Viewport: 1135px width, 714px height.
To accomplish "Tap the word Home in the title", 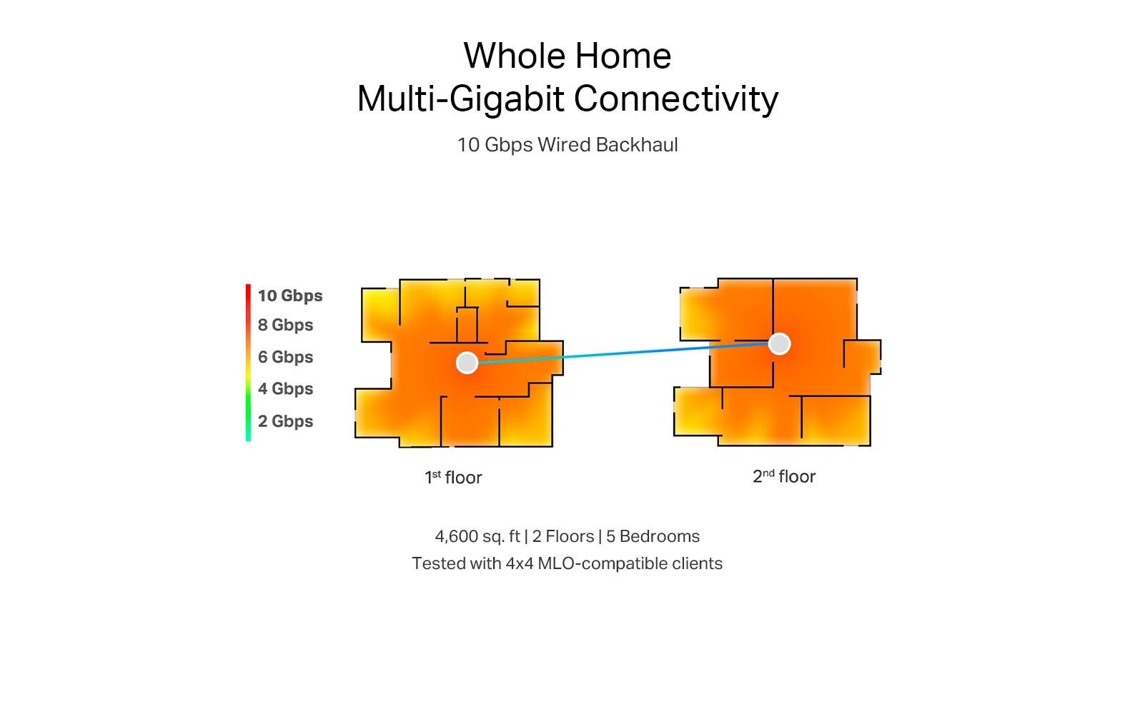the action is click(x=623, y=56).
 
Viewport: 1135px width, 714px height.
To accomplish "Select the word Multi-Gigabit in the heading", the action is click(x=460, y=99).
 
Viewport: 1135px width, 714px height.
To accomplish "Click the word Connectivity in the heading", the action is click(x=676, y=99).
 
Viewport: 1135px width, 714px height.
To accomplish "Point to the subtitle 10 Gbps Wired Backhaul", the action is click(x=567, y=145).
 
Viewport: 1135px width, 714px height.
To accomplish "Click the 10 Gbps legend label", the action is click(x=290, y=296).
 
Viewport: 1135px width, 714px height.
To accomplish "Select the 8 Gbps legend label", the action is click(x=285, y=325).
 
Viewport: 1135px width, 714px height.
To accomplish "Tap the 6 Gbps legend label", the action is click(x=285, y=357).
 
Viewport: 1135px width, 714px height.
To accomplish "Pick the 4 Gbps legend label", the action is click(x=285, y=388).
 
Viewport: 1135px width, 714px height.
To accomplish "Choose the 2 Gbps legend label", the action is click(x=285, y=421).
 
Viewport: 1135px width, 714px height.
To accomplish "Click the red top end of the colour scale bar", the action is click(x=248, y=286).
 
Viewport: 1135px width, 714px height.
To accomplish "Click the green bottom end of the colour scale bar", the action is click(x=248, y=439).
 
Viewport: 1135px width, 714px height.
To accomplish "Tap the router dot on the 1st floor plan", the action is click(x=467, y=362).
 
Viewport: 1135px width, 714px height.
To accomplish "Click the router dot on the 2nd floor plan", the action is click(x=779, y=344).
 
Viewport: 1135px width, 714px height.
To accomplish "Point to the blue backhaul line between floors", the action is click(x=623, y=353).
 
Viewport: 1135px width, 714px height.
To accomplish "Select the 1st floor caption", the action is click(x=453, y=477).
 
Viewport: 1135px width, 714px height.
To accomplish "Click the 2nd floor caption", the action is click(x=784, y=476).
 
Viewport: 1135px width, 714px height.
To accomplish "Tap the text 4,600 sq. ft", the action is click(x=477, y=536).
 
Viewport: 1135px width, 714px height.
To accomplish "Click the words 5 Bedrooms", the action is click(x=653, y=536).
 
